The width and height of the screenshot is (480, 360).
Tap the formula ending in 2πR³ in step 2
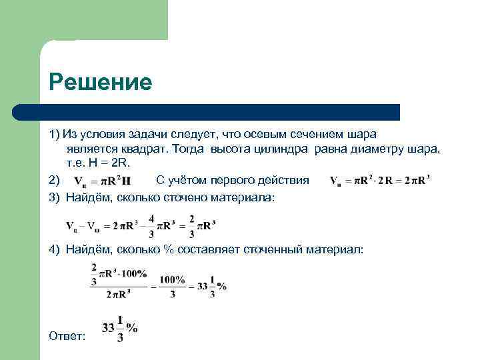381,181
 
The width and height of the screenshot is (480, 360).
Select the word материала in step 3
245,198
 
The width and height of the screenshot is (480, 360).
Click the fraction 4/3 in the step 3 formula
152,225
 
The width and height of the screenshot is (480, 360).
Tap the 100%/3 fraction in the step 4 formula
173,286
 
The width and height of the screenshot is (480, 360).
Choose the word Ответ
67,336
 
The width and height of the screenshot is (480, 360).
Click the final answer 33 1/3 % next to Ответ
119,329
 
